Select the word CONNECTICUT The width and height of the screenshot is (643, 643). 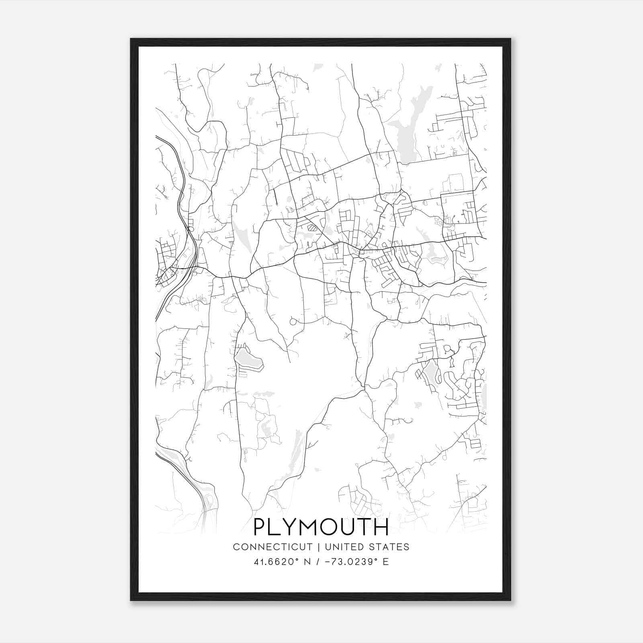[x=273, y=547]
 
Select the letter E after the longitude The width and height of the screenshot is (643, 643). [x=386, y=562]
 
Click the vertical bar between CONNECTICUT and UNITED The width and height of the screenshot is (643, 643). [x=318, y=547]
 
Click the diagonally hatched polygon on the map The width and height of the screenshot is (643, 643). [x=312, y=227]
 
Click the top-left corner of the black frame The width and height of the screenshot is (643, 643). [x=131, y=39]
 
